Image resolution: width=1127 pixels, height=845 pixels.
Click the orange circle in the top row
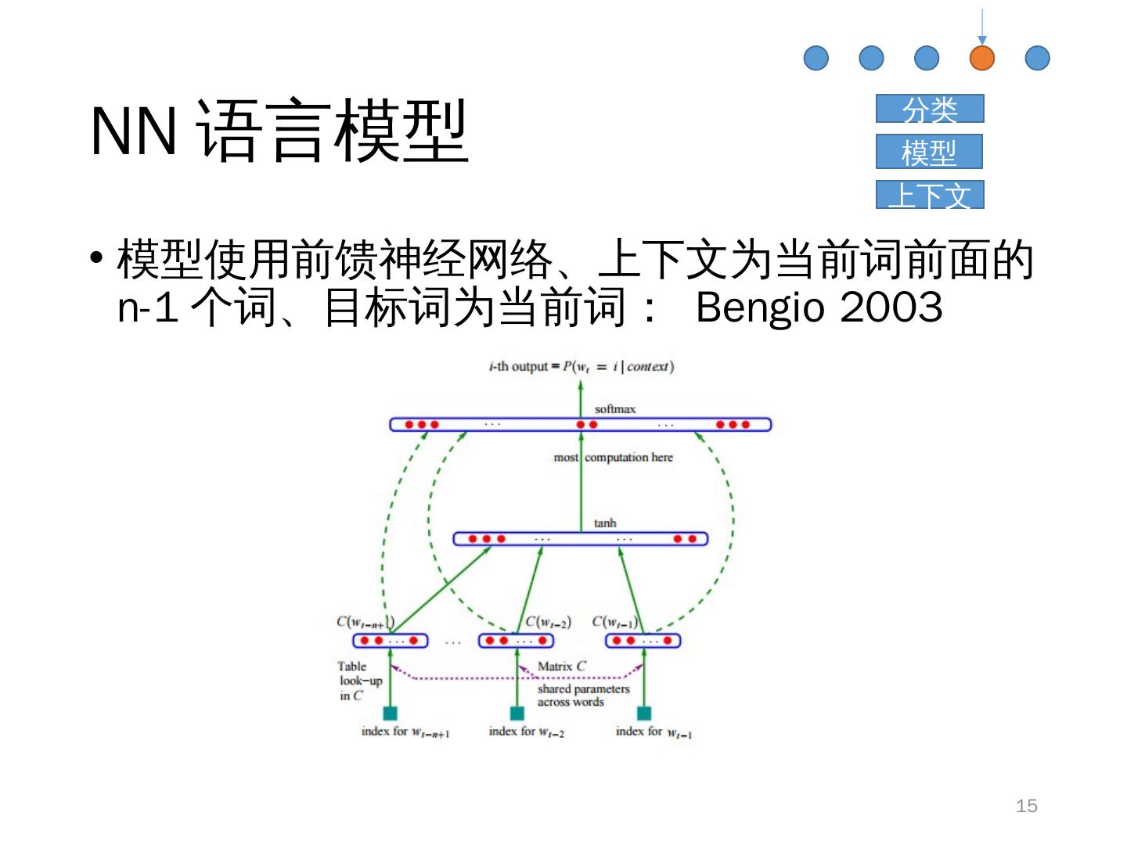pyautogui.click(x=981, y=58)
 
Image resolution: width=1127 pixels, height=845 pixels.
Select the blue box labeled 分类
pyautogui.click(x=930, y=109)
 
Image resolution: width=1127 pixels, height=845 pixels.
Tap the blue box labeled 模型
pyautogui.click(x=929, y=152)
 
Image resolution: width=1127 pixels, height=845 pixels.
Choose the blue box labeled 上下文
pyautogui.click(x=930, y=195)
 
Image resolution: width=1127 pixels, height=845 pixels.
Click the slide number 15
pyautogui.click(x=1026, y=806)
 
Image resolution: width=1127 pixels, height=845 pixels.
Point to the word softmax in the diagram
pyautogui.click(x=615, y=408)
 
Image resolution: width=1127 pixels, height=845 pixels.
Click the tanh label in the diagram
pyautogui.click(x=605, y=523)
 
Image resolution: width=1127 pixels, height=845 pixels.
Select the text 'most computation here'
pyautogui.click(x=613, y=457)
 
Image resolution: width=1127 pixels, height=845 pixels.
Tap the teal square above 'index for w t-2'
pyautogui.click(x=517, y=713)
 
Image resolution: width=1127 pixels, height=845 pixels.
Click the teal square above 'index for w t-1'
pyautogui.click(x=643, y=713)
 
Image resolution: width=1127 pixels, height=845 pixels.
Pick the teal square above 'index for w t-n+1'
pyautogui.click(x=390, y=713)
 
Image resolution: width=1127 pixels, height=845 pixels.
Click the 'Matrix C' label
pyautogui.click(x=562, y=667)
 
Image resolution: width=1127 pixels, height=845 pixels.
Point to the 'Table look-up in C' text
pyautogui.click(x=359, y=681)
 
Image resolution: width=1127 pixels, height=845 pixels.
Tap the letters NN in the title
pyautogui.click(x=133, y=131)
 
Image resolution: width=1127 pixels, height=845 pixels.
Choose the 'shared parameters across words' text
pyautogui.click(x=583, y=696)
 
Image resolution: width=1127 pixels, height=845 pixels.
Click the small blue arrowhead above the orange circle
pyautogui.click(x=982, y=41)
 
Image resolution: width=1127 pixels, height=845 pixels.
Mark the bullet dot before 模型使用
pyautogui.click(x=97, y=259)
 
